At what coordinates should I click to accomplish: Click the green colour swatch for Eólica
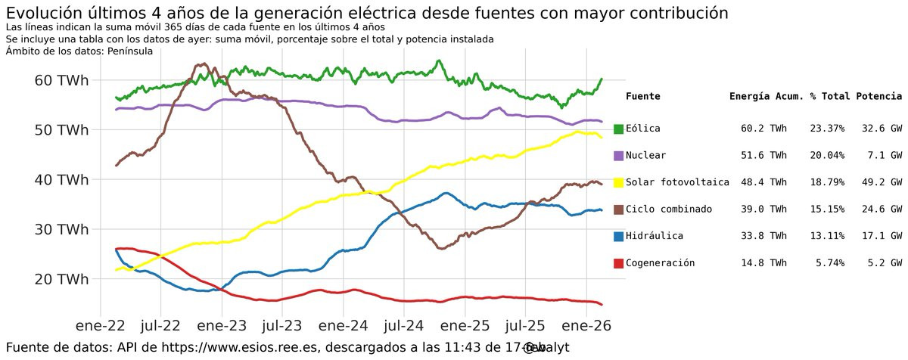618,129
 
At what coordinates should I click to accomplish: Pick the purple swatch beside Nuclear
618,156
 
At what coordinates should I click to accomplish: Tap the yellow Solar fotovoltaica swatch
618,182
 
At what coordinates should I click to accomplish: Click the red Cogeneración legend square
618,263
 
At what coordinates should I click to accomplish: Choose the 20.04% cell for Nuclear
827,156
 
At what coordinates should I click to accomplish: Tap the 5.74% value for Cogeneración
827,263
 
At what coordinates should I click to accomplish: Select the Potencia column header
878,97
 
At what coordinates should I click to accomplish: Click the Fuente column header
643,97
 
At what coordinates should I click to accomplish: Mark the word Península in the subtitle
130,51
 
